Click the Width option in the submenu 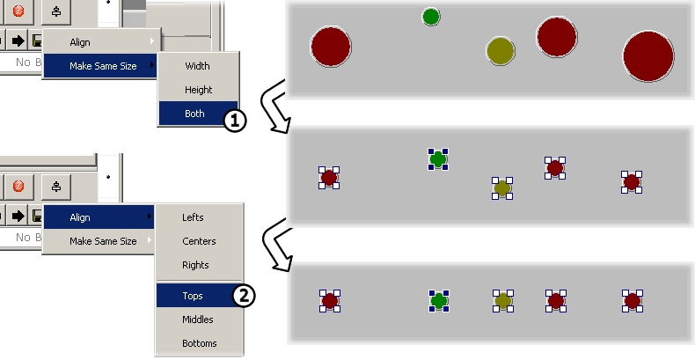click(x=198, y=66)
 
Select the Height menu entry click(x=198, y=90)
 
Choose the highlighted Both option click(x=194, y=114)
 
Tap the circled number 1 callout click(x=234, y=121)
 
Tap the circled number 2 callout click(x=245, y=296)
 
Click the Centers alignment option click(x=198, y=241)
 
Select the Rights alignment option click(x=195, y=265)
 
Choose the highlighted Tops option click(x=193, y=296)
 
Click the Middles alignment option click(x=197, y=320)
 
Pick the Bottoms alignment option click(x=199, y=343)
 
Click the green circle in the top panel click(x=430, y=16)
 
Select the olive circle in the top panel click(x=500, y=50)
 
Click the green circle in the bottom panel click(x=439, y=301)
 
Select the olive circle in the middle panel click(x=502, y=187)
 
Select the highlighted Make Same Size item click(x=103, y=65)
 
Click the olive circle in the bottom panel click(x=503, y=301)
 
